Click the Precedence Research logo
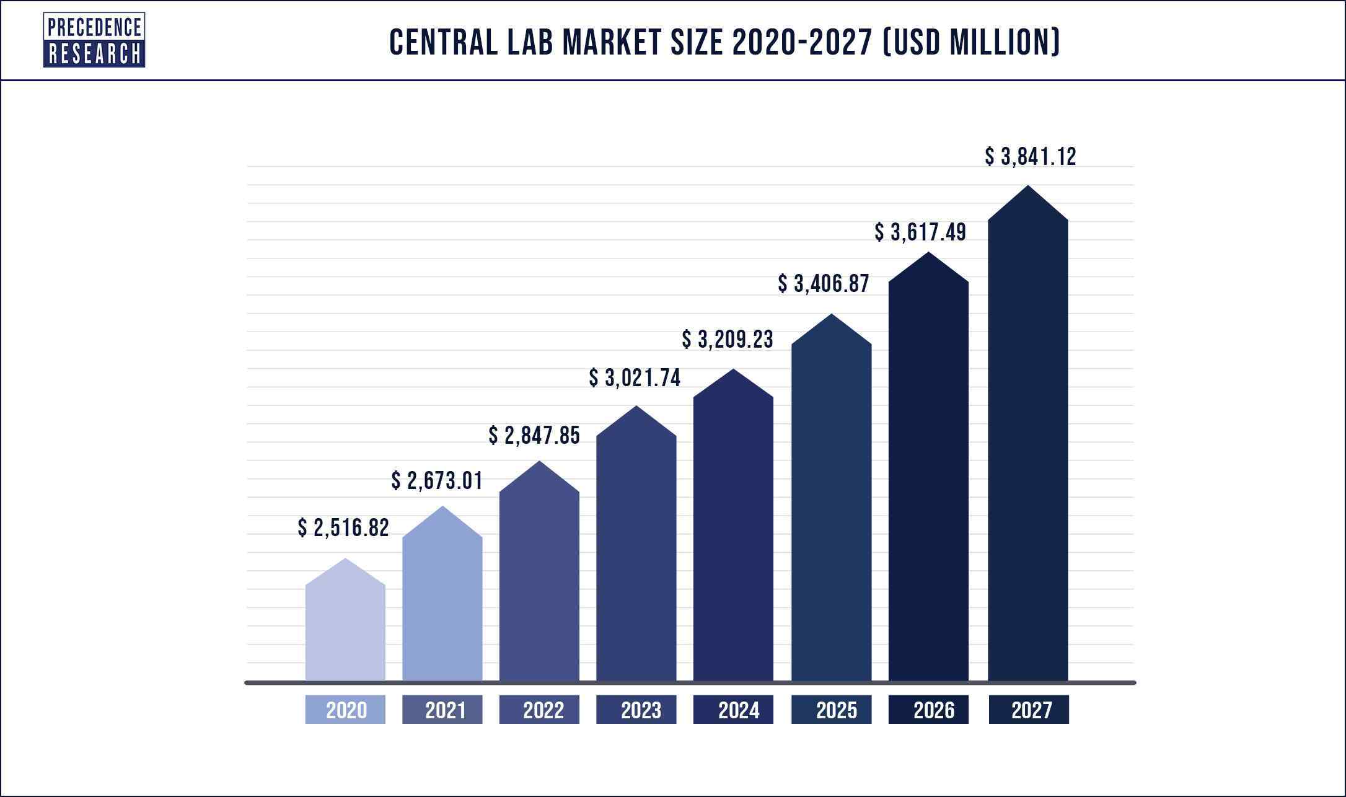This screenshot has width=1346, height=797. pyautogui.click(x=94, y=40)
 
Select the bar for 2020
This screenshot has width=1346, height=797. pyautogui.click(x=345, y=626)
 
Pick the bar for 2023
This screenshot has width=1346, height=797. pyautogui.click(x=636, y=552)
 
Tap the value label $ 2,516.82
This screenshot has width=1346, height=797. pyautogui.click(x=343, y=528)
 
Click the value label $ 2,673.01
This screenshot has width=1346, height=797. pyautogui.click(x=437, y=481)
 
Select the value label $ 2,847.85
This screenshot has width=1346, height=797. pyautogui.click(x=534, y=436)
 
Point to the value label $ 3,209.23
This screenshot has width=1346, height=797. pyautogui.click(x=728, y=340)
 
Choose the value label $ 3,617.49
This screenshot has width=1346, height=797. pyautogui.click(x=920, y=232)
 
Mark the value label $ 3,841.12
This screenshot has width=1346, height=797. pyautogui.click(x=1031, y=157)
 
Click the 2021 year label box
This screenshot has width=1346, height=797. pyautogui.click(x=442, y=710)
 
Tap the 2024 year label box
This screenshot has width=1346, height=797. pyautogui.click(x=733, y=710)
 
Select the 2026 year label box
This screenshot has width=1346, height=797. pyautogui.click(x=928, y=710)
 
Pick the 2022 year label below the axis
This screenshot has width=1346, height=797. pyautogui.click(x=539, y=710)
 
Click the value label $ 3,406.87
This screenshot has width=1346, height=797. pyautogui.click(x=824, y=284)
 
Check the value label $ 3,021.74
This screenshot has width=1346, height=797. pyautogui.click(x=635, y=378)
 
